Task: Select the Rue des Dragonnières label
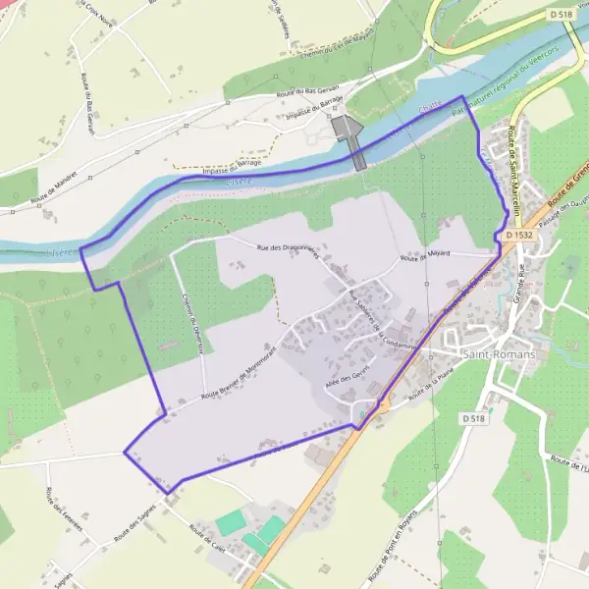[x=293, y=253]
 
